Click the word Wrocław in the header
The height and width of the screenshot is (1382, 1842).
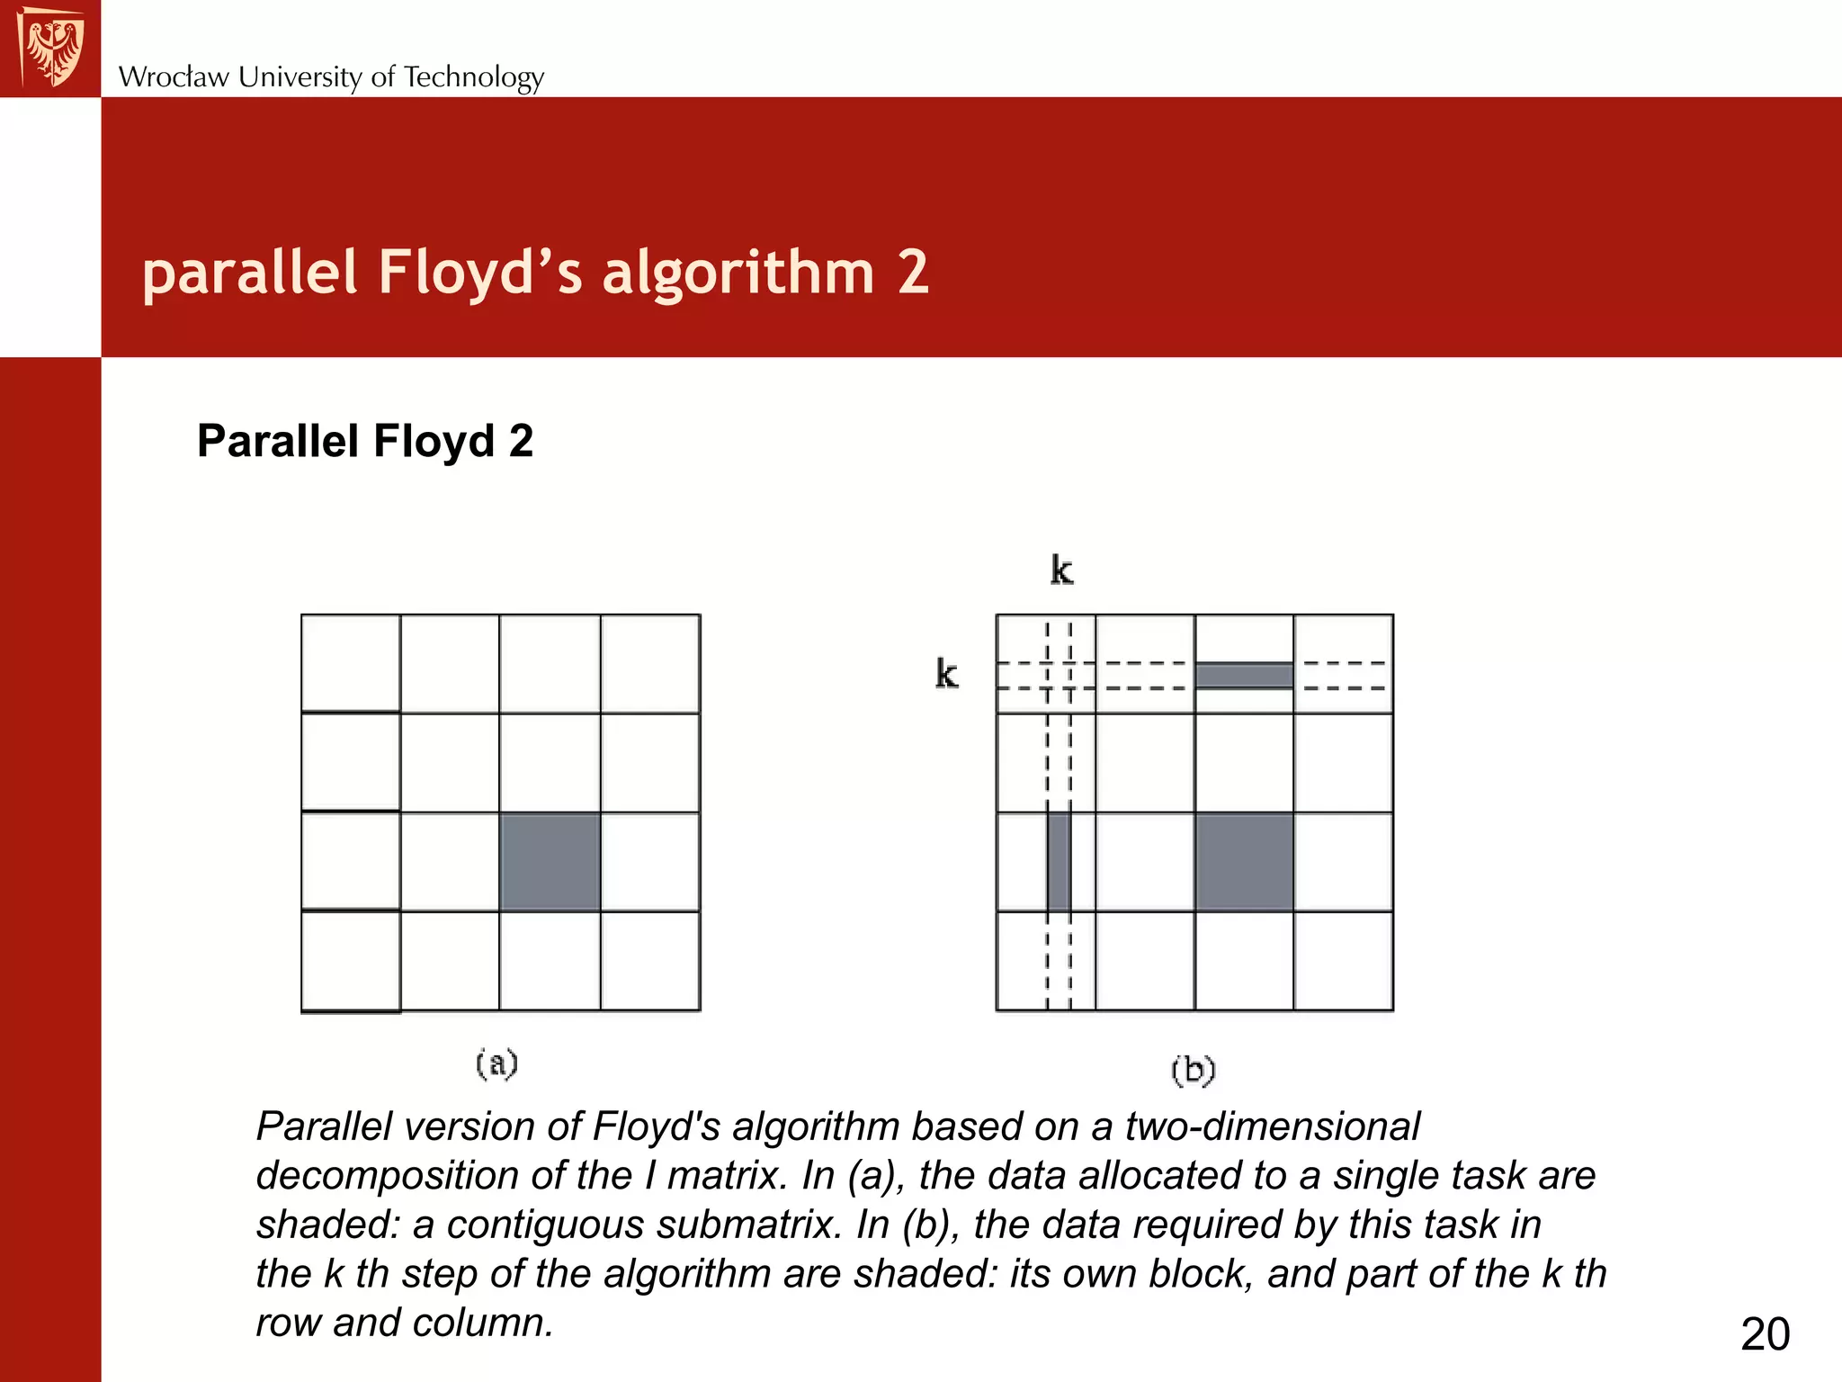pyautogui.click(x=174, y=77)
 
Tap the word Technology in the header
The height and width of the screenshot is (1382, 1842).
pyautogui.click(x=474, y=78)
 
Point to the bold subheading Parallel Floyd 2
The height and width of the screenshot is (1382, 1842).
pyautogui.click(x=365, y=441)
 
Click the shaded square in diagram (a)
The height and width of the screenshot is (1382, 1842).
pyautogui.click(x=550, y=862)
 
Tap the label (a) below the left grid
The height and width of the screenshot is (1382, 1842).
pyautogui.click(x=496, y=1063)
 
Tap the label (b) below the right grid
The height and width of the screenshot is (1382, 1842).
pyautogui.click(x=1194, y=1070)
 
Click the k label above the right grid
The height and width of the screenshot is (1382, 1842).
pyautogui.click(x=1061, y=570)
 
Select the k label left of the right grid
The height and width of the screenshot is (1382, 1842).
pyautogui.click(x=946, y=674)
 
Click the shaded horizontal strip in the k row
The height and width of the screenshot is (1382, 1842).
pyautogui.click(x=1244, y=676)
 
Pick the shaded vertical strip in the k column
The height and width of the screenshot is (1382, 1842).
pyautogui.click(x=1059, y=862)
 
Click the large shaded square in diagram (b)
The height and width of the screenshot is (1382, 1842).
pyautogui.click(x=1244, y=862)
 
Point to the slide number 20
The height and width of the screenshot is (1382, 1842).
pyautogui.click(x=1765, y=1333)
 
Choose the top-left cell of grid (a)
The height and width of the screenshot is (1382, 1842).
pyautogui.click(x=351, y=664)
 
